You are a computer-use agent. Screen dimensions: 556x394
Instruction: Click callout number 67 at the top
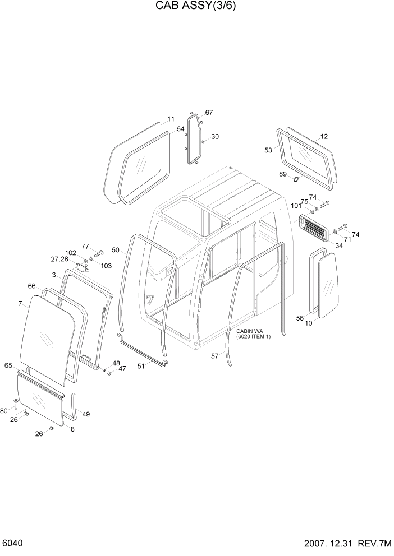[209, 113]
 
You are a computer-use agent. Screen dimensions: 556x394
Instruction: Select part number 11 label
[171, 119]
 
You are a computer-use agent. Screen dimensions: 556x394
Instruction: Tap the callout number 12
[324, 136]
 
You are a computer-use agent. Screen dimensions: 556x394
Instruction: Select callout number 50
[116, 249]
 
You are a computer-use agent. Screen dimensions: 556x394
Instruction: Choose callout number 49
[86, 414]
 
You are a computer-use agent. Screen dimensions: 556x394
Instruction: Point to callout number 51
[141, 366]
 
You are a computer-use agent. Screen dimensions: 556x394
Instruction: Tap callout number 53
[268, 150]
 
